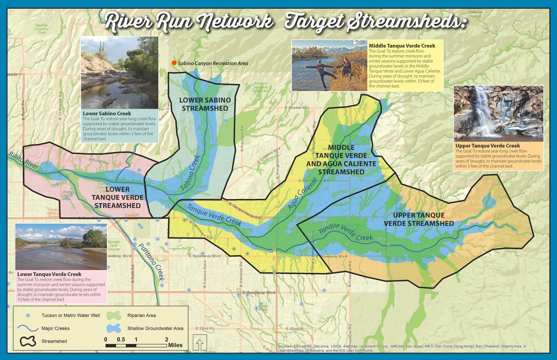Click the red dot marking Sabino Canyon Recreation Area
tap(174, 63)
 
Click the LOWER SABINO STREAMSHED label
tap(205, 104)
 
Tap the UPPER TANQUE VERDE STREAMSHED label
tap(419, 219)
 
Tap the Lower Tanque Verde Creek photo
tap(61, 247)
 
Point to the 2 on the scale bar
tap(167, 339)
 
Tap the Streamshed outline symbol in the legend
tap(27, 341)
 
